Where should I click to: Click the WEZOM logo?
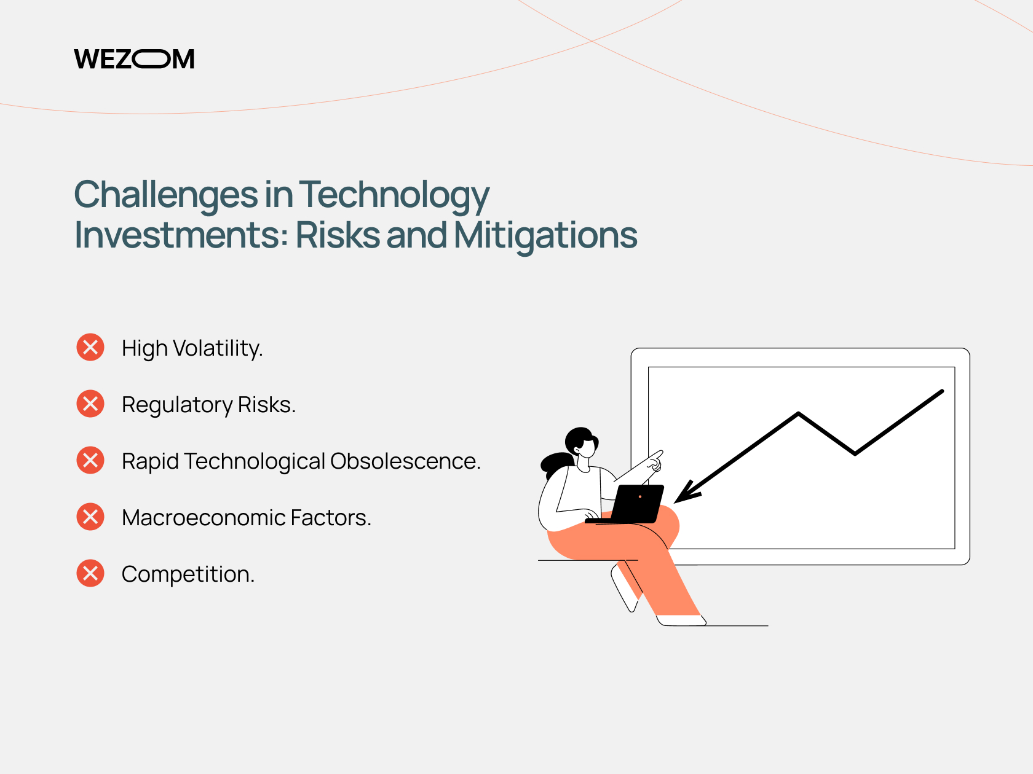coord(134,59)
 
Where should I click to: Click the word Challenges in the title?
coord(166,195)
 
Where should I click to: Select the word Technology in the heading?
coord(394,195)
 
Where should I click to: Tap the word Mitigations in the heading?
coord(545,235)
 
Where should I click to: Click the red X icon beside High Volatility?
coord(90,347)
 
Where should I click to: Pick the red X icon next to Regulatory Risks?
coord(90,404)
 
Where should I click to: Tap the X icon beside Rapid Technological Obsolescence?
coord(90,460)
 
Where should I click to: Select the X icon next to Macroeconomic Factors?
coord(90,517)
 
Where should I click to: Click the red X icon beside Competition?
coord(90,573)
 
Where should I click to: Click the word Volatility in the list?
coord(218,349)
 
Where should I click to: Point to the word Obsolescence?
coord(405,461)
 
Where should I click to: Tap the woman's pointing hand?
coord(655,460)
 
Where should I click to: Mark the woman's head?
coord(582,442)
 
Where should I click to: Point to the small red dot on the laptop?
coord(640,497)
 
